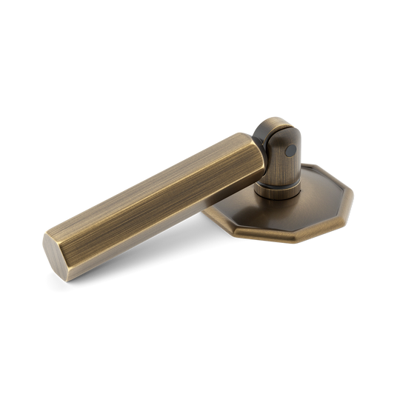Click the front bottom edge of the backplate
(281, 239)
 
